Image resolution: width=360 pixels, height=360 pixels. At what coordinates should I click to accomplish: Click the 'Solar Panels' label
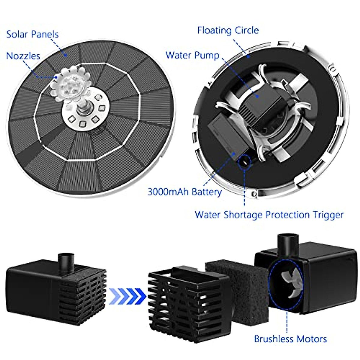pos(32,34)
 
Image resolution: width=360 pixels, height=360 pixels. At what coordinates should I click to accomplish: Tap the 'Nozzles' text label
pos(23,56)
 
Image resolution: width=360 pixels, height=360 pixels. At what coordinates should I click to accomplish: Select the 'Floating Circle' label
pos(228,30)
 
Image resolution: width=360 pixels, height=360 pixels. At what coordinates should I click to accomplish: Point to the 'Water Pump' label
pos(192,55)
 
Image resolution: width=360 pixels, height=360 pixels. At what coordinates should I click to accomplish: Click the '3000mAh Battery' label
pos(184,192)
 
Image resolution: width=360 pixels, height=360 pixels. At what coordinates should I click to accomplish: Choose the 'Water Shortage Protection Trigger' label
pos(269,215)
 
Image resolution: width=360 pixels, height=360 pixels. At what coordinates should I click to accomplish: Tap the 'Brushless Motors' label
pos(290,339)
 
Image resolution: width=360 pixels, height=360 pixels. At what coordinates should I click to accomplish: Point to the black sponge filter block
pos(237,285)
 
